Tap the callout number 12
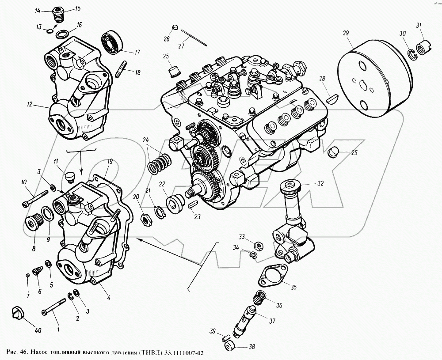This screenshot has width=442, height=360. click(29, 105)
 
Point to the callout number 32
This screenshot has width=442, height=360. click(320, 182)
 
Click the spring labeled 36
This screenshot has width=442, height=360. click(260, 299)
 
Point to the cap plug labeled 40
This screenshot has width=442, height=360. click(17, 313)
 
